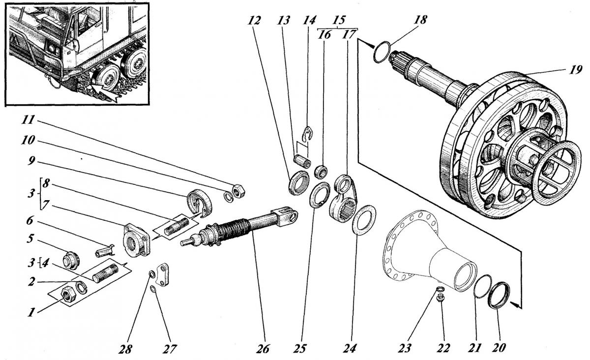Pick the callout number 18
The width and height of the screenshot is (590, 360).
420,20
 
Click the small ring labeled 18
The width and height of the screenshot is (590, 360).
382,52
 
